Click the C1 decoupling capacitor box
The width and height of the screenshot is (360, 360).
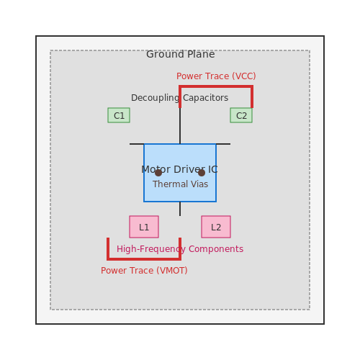point(119,115)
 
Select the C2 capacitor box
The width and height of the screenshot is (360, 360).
point(241,115)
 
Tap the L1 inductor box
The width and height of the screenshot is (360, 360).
point(144,227)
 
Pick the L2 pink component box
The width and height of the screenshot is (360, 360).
point(216,227)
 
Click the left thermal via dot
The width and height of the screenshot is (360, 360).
point(158,173)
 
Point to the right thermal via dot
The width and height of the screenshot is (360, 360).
point(202,173)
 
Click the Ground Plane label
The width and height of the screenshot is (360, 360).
point(181,54)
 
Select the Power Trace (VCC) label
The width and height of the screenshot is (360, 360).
point(216,76)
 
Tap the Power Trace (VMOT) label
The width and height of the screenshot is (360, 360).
point(144,271)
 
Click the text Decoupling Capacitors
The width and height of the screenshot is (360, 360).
point(179,98)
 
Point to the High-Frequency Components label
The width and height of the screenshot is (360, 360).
point(180,249)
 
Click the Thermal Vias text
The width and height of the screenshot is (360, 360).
point(180,184)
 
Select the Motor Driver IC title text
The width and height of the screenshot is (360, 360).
point(179,169)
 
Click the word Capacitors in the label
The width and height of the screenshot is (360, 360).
point(206,98)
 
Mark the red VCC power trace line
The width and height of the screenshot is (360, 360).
point(216,86)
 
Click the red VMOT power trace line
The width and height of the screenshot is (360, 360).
point(144,259)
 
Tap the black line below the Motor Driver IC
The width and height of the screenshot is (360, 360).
point(180,209)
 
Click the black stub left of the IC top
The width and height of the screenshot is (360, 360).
point(137,144)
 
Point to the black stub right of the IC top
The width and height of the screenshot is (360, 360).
point(223,144)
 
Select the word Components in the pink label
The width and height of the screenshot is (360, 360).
point(216,249)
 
